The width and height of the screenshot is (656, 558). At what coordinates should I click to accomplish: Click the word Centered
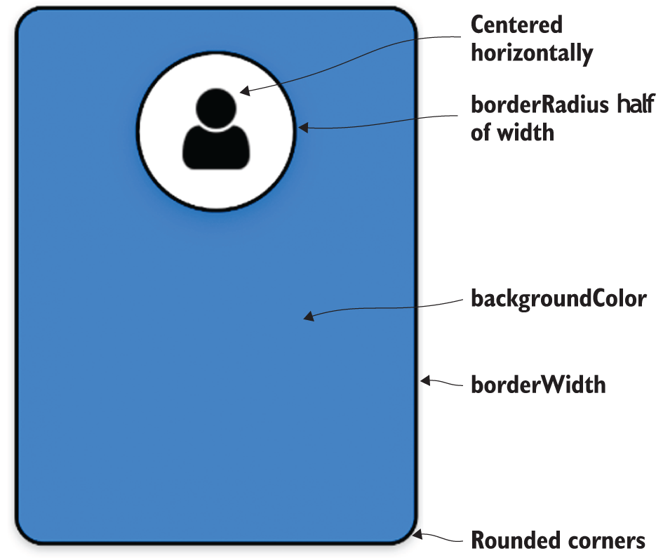tap(516, 25)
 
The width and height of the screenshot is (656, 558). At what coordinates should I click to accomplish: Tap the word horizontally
tap(532, 53)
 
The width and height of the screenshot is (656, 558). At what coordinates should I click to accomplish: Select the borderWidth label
tap(538, 385)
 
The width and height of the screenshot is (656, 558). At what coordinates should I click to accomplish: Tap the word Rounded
tap(514, 540)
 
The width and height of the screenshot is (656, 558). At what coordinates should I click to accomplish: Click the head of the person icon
tap(215, 107)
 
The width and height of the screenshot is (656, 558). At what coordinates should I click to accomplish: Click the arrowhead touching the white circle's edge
tap(303, 128)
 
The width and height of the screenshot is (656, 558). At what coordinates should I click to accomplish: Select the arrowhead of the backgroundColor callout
tap(308, 318)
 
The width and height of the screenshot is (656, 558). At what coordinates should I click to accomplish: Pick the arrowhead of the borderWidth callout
tap(424, 381)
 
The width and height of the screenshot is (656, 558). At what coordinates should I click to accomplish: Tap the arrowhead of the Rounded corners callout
tap(417, 534)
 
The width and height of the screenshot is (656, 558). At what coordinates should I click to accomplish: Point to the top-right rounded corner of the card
tap(406, 21)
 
